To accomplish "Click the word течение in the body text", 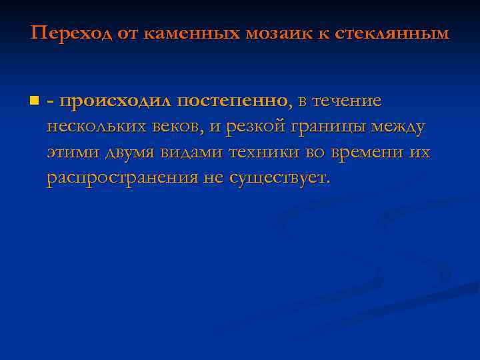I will click(x=349, y=101).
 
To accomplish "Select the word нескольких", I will click(x=93, y=127).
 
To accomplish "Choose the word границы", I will click(x=323, y=127).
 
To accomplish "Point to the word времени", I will click(x=365, y=153).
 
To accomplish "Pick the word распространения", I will click(x=123, y=178).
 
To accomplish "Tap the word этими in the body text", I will click(x=69, y=153).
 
